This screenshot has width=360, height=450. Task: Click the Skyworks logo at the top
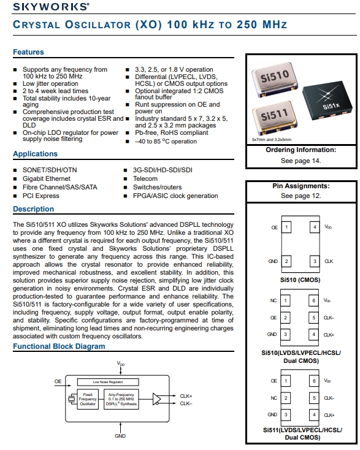click(x=51, y=7)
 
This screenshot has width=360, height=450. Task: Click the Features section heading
click(x=28, y=52)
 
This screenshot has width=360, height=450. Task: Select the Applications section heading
click(x=35, y=154)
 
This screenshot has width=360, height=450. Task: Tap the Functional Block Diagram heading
click(x=59, y=346)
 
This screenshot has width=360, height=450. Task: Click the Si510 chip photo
click(x=274, y=79)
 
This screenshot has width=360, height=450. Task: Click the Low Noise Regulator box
click(x=108, y=382)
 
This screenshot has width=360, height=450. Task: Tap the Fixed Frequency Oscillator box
click(x=88, y=399)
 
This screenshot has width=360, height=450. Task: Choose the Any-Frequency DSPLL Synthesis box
click(x=121, y=399)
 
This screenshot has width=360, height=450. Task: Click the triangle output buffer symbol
click(x=157, y=399)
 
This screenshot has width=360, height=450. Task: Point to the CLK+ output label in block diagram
click(x=186, y=396)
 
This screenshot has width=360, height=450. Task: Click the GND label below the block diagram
click(x=120, y=436)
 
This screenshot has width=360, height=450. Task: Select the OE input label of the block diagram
click(x=58, y=381)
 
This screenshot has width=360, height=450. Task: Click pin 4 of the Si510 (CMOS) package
click(x=315, y=227)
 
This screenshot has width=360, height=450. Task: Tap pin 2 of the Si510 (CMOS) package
click(x=286, y=261)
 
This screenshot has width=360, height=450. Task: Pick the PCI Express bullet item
click(x=40, y=196)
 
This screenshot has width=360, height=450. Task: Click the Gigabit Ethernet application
click(x=47, y=178)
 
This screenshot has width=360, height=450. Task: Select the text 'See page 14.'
click(x=301, y=161)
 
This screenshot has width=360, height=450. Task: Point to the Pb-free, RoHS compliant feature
click(x=172, y=132)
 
